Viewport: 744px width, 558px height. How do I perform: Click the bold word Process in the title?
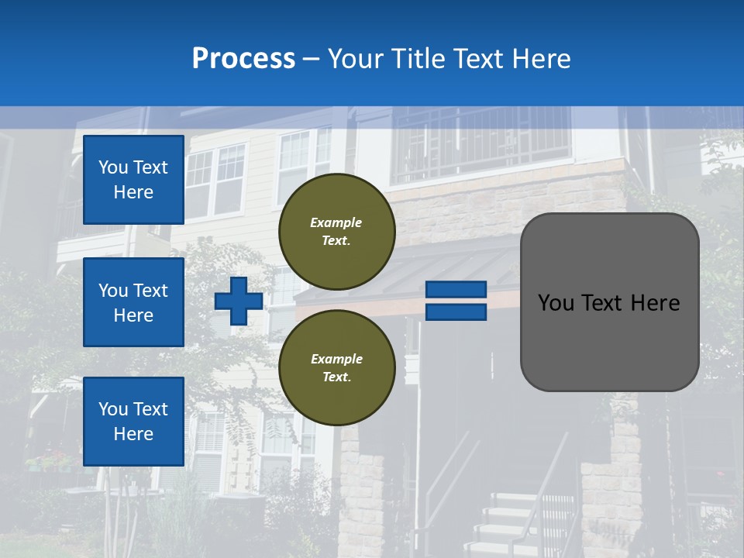pos(243,59)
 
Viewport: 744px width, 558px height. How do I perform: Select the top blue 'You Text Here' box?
pos(133,180)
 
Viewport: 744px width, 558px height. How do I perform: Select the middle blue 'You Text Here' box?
pos(133,302)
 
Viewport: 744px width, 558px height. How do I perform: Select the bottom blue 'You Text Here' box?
pos(133,421)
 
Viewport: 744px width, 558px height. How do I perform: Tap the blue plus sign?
pos(238,301)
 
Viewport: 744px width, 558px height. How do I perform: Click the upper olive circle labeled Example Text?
pos(336,232)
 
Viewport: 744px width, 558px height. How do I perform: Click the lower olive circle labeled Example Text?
pos(336,367)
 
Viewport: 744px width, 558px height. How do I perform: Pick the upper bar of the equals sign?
pos(456,289)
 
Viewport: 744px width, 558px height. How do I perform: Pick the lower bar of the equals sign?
pos(456,312)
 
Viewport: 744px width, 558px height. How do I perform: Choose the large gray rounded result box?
pos(609,341)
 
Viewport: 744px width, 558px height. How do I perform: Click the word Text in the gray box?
pos(609,303)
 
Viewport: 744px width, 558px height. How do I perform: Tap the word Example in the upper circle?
pos(336,223)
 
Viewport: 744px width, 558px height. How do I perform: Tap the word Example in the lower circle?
pos(336,359)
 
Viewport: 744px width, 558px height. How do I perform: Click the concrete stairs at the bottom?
pos(504,527)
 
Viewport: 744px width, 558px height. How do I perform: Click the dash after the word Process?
pos(312,59)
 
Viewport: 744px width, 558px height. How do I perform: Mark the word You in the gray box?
pos(556,303)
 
